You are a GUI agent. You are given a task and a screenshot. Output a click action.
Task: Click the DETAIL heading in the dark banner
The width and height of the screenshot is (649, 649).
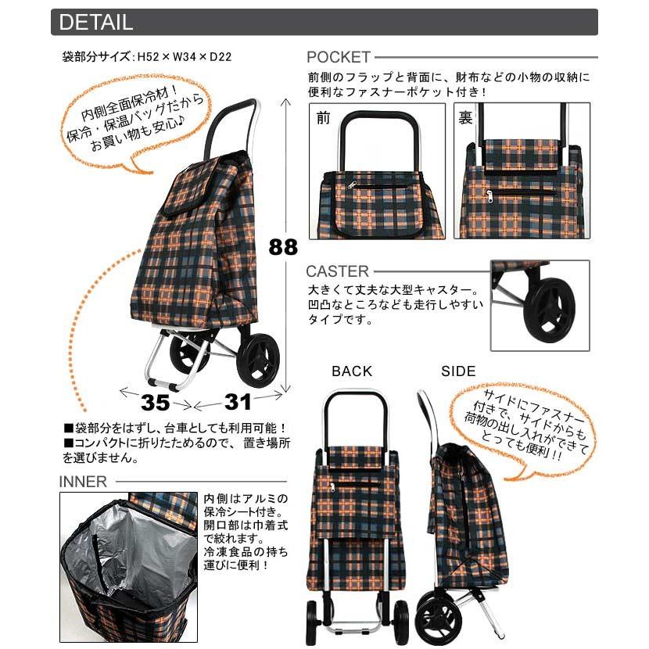point(95,22)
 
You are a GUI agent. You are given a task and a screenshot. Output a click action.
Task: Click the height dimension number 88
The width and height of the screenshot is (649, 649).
point(283,247)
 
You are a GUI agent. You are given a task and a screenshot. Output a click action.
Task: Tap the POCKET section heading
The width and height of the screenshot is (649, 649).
point(338,58)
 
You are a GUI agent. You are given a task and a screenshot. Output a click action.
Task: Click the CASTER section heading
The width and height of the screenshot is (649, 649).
point(337,272)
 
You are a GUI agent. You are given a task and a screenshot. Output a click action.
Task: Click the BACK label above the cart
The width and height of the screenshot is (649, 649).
point(352,371)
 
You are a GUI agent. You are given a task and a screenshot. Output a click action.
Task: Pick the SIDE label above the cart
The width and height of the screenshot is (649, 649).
point(458,371)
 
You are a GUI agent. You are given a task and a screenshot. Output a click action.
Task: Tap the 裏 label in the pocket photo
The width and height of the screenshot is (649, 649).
point(466,118)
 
